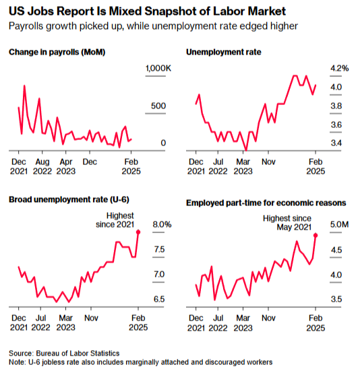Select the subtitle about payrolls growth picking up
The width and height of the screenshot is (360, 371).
click(153, 26)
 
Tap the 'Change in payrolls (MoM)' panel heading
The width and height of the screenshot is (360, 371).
click(57, 52)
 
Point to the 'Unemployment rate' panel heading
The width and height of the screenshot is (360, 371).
click(224, 52)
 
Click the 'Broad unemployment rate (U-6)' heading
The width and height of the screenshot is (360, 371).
click(69, 200)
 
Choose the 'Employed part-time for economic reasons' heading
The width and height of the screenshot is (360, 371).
click(266, 203)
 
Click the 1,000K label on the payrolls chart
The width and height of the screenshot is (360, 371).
click(158, 69)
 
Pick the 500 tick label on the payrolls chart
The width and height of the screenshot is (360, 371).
click(158, 106)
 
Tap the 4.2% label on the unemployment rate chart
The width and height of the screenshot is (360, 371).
click(339, 69)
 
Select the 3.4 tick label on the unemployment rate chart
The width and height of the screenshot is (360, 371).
click(336, 143)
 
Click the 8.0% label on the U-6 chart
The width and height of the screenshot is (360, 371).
click(162, 224)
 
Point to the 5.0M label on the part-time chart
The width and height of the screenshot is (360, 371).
click(339, 224)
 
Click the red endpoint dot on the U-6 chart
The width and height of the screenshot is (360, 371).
click(138, 232)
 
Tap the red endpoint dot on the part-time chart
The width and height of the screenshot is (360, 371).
click(316, 235)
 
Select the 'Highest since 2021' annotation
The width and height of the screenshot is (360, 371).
click(115, 220)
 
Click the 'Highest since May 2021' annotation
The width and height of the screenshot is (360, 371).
click(287, 223)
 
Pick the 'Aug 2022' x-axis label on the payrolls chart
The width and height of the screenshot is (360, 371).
click(42, 166)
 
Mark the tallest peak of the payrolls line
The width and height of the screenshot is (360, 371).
click(24, 86)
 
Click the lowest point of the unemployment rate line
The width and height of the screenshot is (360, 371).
click(246, 150)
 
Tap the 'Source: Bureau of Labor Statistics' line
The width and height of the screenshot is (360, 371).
click(64, 353)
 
